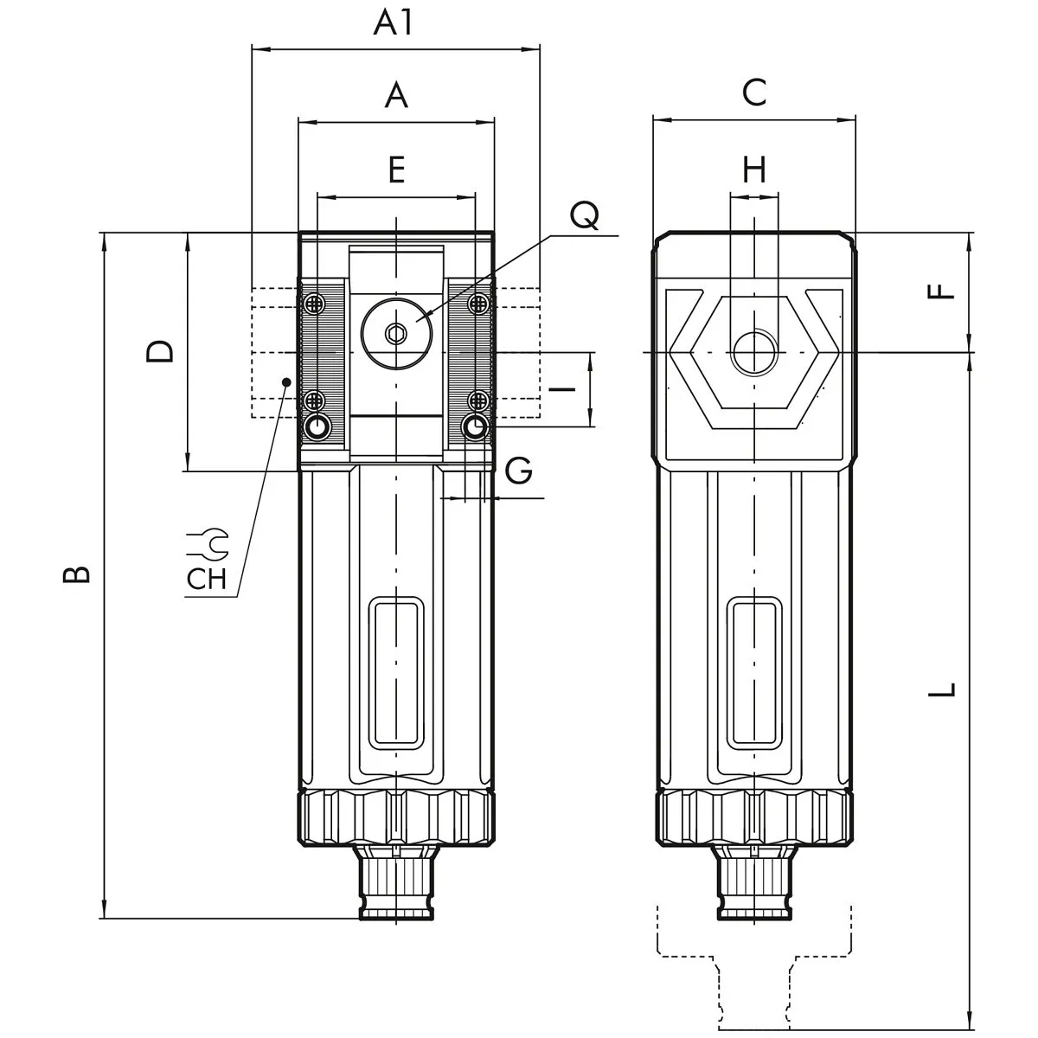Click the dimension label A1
[394, 23]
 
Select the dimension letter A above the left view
[395, 95]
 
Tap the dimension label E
[395, 170]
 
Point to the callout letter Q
[585, 215]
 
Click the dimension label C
[754, 92]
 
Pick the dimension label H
[754, 170]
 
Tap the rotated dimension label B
[78, 574]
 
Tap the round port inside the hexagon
[754, 353]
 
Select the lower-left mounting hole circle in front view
[317, 426]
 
